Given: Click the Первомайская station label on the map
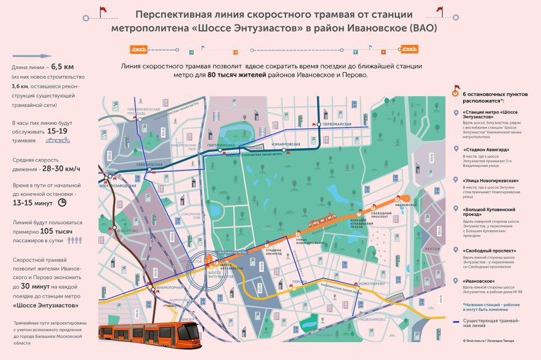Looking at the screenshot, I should point(337,123).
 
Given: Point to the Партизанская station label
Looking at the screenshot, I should point(221,146).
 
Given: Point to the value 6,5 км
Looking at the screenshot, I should point(64,67).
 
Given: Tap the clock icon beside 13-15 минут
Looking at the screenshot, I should point(62,202).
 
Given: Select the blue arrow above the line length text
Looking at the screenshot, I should point(32,56).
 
